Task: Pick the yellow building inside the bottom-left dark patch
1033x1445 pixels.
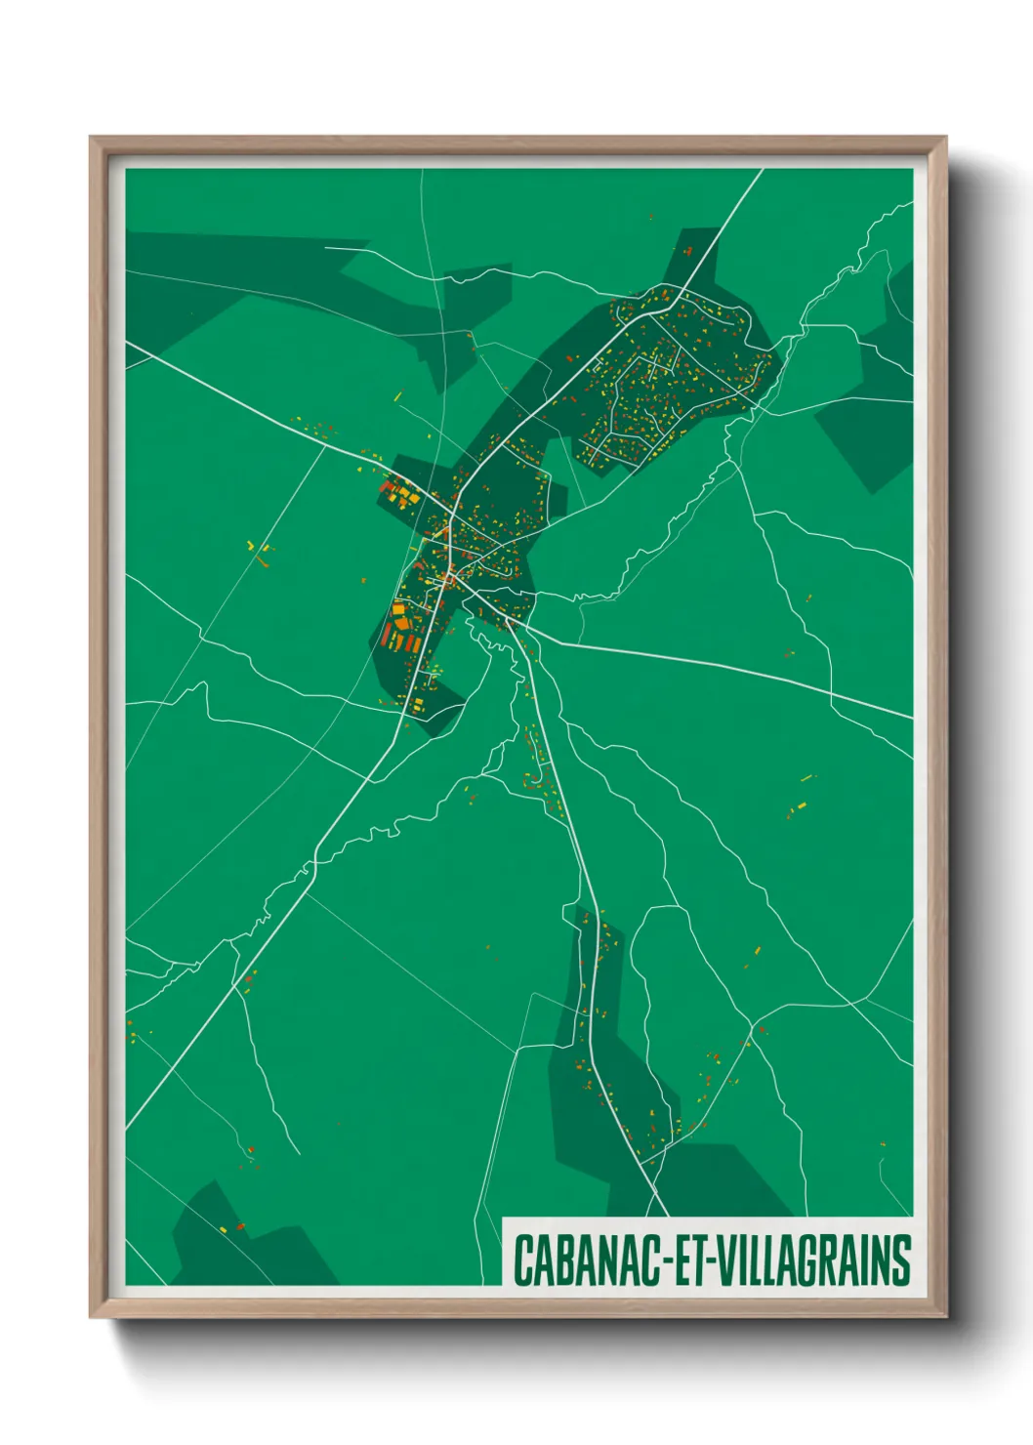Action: (x=224, y=1228)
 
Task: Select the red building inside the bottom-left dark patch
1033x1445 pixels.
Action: (x=240, y=1225)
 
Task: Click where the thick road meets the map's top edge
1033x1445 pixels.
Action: (x=762, y=171)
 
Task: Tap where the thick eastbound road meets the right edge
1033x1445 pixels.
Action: (x=912, y=718)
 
